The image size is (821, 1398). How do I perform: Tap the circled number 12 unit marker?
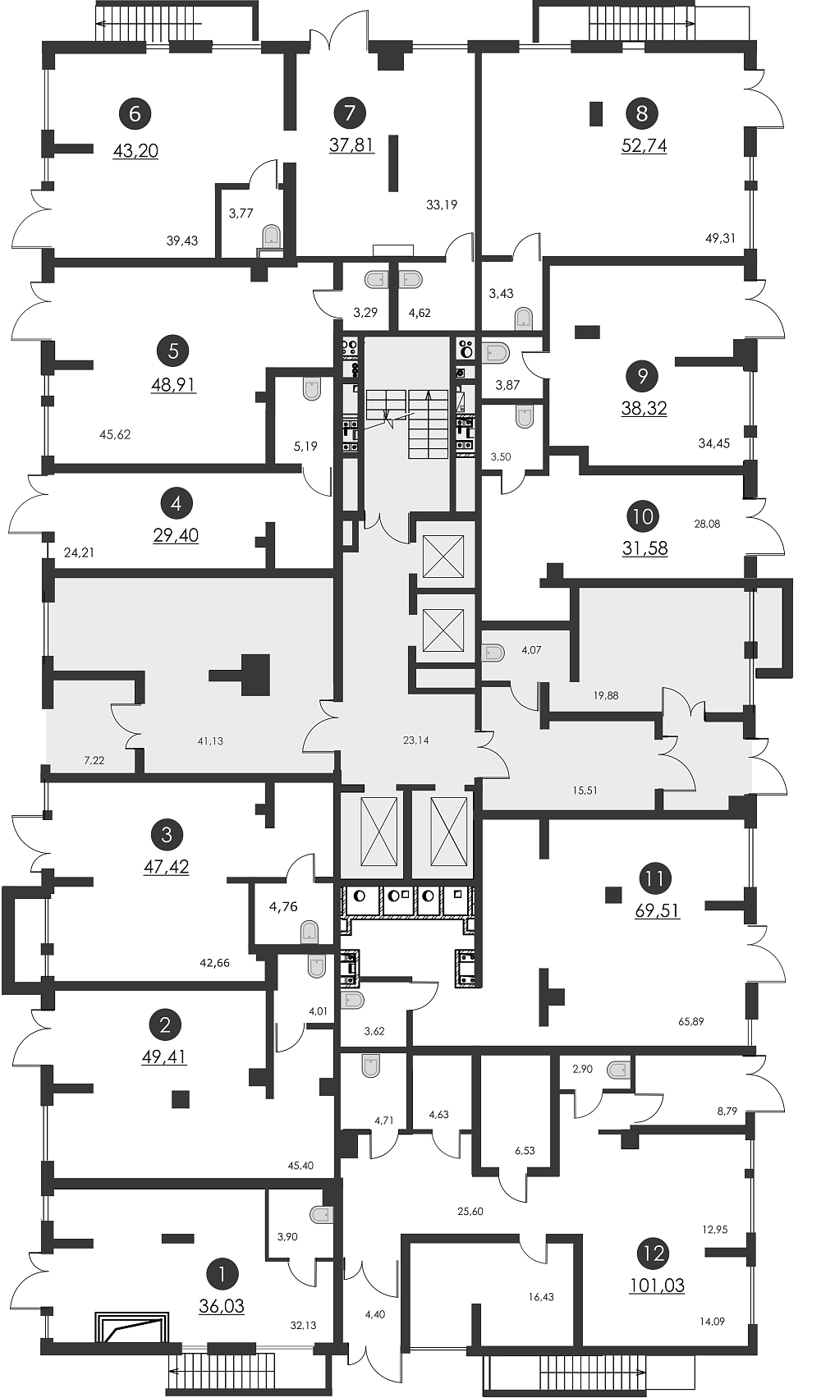pyautogui.click(x=654, y=1254)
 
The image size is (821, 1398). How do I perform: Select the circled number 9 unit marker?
pyautogui.click(x=644, y=376)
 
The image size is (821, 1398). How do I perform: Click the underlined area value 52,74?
pyautogui.click(x=644, y=145)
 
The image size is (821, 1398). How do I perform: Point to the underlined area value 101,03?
pyautogui.click(x=658, y=1285)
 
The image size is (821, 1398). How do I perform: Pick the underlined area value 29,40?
pyautogui.click(x=176, y=535)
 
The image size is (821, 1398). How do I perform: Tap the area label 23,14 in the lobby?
pyautogui.click(x=415, y=740)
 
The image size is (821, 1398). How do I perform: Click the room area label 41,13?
pyautogui.click(x=210, y=740)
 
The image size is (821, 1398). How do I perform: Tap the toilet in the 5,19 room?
pyautogui.click(x=311, y=388)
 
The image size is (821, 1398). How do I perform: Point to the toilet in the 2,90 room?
pyautogui.click(x=618, y=1069)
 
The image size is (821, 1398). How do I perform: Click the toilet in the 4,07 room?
pyautogui.click(x=493, y=653)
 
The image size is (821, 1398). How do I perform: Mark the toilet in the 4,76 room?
pyautogui.click(x=309, y=933)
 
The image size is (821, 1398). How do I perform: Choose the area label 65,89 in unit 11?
pyautogui.click(x=690, y=1022)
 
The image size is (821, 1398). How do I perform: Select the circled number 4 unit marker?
pyautogui.click(x=177, y=503)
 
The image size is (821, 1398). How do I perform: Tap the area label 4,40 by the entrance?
pyautogui.click(x=375, y=1313)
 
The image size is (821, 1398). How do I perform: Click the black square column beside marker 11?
pyautogui.click(x=614, y=894)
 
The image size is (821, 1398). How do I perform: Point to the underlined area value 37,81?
pyautogui.click(x=352, y=145)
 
